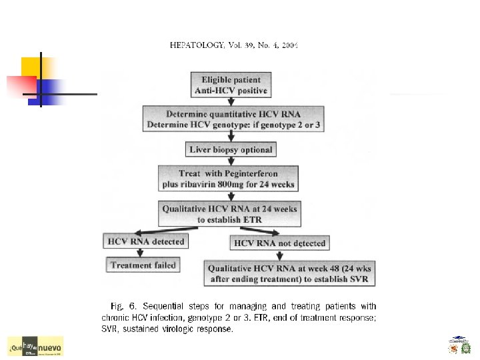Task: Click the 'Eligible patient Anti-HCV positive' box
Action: (x=231, y=85)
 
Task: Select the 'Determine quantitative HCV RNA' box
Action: (x=230, y=118)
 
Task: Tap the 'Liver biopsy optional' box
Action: (x=231, y=149)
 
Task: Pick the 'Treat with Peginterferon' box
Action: (x=227, y=178)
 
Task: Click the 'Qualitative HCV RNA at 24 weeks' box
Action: (x=229, y=213)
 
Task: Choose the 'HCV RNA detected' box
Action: (x=145, y=240)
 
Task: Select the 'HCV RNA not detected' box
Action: (x=279, y=243)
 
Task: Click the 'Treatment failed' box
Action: (x=143, y=265)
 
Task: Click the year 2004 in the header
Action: (x=289, y=46)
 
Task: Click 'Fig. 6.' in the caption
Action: (x=126, y=307)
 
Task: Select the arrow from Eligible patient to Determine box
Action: (x=231, y=101)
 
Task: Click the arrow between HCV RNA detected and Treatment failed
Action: (x=139, y=253)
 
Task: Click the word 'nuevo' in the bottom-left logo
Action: (x=49, y=348)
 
